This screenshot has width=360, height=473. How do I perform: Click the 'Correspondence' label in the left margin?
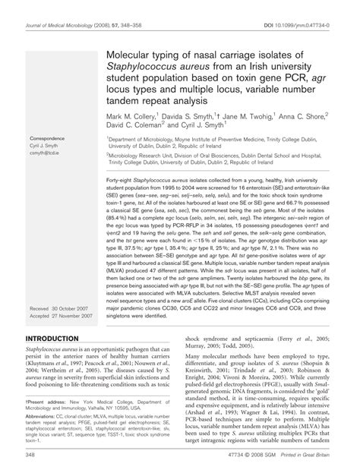coord(46,139)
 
